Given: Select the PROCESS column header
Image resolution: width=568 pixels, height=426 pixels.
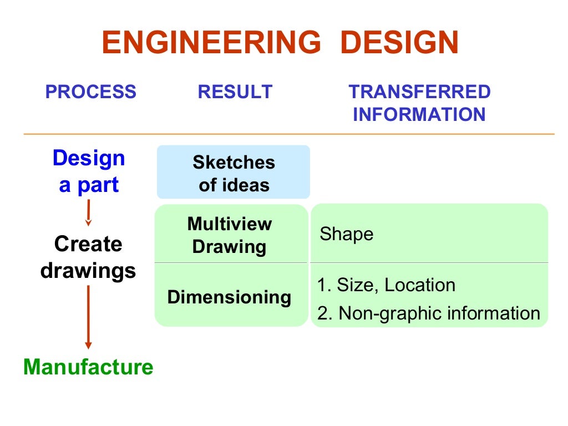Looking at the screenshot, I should [91, 92].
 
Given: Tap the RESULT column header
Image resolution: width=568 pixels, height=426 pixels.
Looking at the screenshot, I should [235, 92].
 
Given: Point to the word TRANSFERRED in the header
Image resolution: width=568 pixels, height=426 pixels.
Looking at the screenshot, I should [419, 92].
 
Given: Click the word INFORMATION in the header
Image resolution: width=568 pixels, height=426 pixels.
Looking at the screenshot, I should [419, 115].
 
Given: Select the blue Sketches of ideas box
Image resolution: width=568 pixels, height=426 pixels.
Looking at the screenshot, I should [234, 172].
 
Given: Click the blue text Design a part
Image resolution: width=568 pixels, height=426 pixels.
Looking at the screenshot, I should [89, 171].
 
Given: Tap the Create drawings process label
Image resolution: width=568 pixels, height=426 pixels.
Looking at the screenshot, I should [88, 257].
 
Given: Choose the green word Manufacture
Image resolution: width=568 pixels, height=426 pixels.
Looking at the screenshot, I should [88, 367].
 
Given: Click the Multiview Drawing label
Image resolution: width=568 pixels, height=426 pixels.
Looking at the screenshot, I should [230, 235].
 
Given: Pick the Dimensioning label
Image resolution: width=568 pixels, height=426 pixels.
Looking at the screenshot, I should [229, 297].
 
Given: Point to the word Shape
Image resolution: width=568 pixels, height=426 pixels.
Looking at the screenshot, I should [347, 234].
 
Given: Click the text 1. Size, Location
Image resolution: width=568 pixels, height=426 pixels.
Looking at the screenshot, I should [386, 285].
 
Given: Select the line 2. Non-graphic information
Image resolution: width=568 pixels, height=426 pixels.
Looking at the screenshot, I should [428, 313].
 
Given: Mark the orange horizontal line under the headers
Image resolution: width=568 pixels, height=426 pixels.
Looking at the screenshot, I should [288, 134].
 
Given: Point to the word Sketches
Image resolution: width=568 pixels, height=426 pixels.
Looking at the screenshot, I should [234, 162].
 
